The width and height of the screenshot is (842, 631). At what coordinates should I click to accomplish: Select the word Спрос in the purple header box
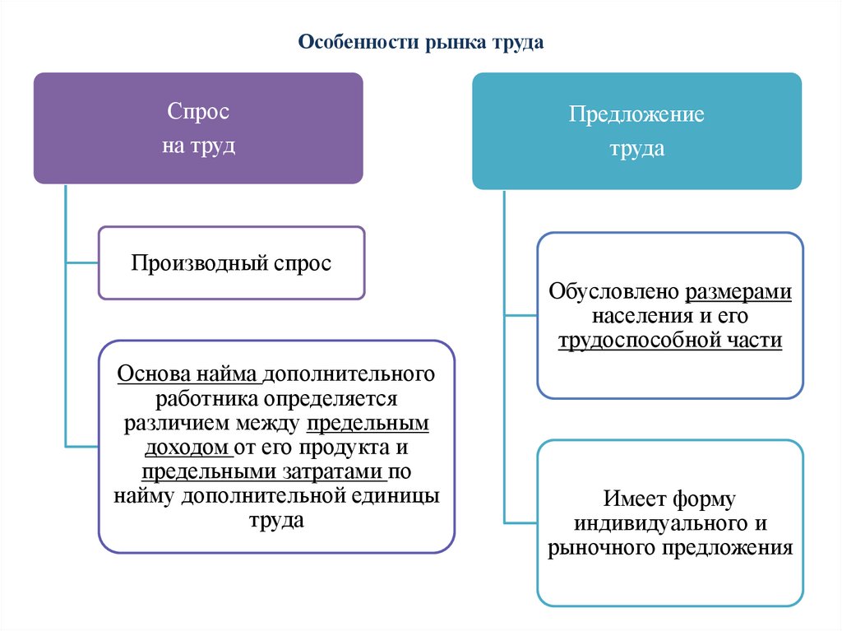click(198, 112)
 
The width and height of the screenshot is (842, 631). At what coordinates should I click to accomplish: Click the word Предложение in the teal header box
click(636, 114)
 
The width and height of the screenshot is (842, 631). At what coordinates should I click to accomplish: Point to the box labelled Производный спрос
click(231, 263)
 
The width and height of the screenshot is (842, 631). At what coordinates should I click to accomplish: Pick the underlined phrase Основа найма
click(189, 374)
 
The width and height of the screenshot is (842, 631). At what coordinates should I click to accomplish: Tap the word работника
click(203, 399)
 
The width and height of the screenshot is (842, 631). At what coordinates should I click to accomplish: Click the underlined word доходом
click(186, 448)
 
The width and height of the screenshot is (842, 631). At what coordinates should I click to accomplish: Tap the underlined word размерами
click(738, 292)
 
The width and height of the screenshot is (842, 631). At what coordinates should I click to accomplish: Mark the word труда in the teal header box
click(636, 151)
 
